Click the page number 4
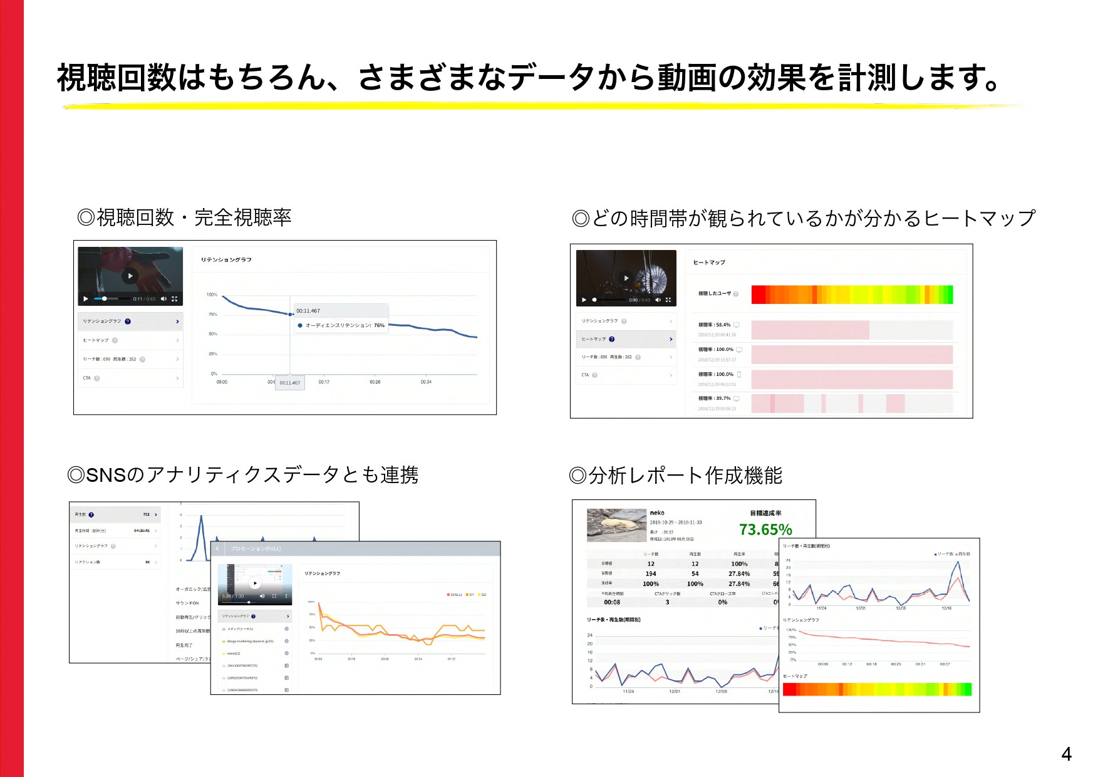click(1066, 754)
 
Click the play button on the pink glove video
click(130, 276)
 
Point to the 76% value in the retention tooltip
click(379, 325)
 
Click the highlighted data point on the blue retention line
click(290, 314)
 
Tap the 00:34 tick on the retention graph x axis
click(426, 382)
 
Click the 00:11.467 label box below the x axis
click(289, 382)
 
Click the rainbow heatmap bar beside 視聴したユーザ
click(852, 295)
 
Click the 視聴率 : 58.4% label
click(714, 325)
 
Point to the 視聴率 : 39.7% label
click(714, 398)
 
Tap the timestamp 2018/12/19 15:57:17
click(717, 360)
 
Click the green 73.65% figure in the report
click(765, 529)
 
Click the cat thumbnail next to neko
click(616, 525)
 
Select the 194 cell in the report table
click(651, 573)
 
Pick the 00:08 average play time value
click(612, 602)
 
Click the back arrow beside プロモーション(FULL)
click(217, 548)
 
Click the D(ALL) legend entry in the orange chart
click(455, 595)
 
